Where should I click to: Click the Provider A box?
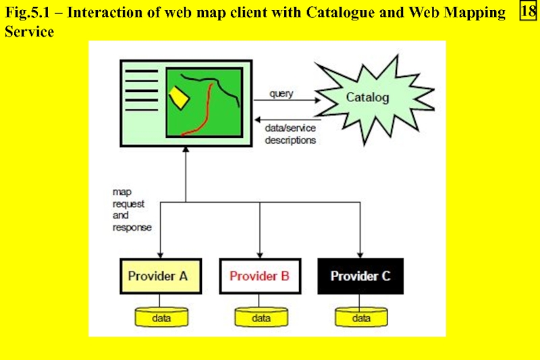[x=159, y=276]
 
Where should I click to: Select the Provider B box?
[x=260, y=276]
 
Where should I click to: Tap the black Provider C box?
[x=360, y=276]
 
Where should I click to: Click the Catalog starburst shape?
[x=367, y=98]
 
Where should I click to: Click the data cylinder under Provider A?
[x=160, y=316]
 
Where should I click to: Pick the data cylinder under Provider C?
[x=361, y=316]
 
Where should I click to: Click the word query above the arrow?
[x=281, y=93]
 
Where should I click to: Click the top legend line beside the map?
[x=141, y=71]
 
